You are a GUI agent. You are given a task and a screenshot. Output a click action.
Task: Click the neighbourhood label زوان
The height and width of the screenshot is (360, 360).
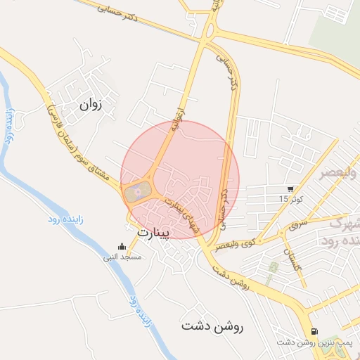pos(91,105)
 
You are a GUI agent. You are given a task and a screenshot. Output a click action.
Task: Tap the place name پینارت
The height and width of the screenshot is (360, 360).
pos(153,233)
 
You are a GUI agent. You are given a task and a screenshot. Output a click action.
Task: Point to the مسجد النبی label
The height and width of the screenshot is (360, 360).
pos(123,257)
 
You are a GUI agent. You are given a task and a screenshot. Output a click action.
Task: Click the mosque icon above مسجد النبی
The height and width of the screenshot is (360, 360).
pos(123,247)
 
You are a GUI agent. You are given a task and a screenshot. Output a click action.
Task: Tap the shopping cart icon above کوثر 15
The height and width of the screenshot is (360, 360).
pos(290,189)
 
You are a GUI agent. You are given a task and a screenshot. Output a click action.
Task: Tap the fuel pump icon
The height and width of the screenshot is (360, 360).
pos(314,332)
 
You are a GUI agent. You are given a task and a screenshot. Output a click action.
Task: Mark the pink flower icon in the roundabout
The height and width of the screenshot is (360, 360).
pos(138,188)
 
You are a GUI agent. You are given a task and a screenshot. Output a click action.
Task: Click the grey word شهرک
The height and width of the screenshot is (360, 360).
pos(345,224)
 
